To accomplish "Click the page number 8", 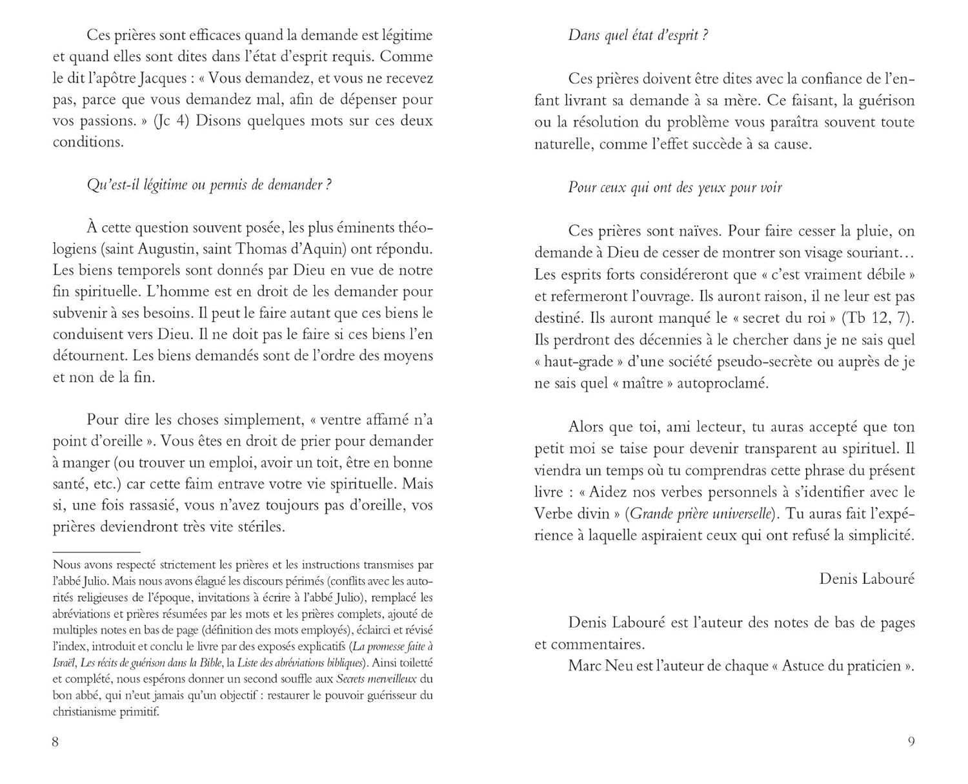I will [55, 742].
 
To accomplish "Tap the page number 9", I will [911, 742].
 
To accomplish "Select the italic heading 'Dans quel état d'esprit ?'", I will [638, 36].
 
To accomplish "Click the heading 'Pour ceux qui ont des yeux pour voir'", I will [674, 188].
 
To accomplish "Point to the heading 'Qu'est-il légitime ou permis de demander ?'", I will [209, 185].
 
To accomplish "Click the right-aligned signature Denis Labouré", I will [867, 579].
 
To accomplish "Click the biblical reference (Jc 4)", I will [172, 121].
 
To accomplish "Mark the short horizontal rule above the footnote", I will [96, 552].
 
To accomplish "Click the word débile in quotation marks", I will [887, 274].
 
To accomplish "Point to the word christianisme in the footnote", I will [81, 712].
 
